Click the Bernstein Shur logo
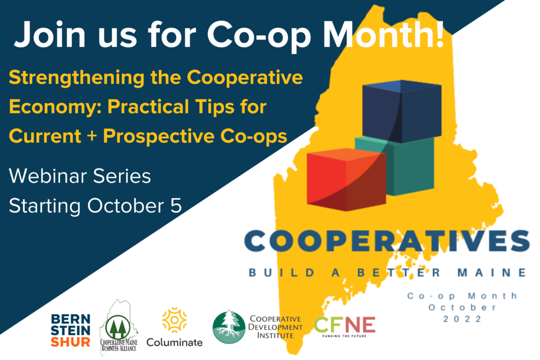[x=71, y=330]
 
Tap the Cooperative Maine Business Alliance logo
[x=119, y=327]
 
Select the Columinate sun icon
[x=175, y=320]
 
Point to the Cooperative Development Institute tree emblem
[x=229, y=327]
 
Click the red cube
[x=346, y=179]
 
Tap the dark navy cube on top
[x=402, y=111]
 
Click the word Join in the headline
[x=50, y=35]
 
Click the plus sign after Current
[x=92, y=137]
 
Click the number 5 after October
[x=176, y=206]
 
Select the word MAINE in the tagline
[x=492, y=273]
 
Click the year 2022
[x=462, y=319]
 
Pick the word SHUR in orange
[x=71, y=342]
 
